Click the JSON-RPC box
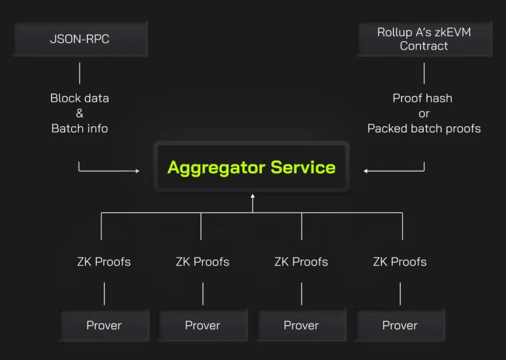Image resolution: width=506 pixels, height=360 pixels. click(80, 39)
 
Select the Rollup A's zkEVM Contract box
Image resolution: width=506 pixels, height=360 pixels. click(424, 39)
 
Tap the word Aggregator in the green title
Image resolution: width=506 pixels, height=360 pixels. click(216, 167)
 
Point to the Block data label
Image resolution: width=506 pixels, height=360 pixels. click(80, 98)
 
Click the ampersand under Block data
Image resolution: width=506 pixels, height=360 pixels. click(80, 113)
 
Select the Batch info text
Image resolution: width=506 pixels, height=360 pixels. click(80, 128)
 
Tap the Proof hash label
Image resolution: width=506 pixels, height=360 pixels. click(422, 98)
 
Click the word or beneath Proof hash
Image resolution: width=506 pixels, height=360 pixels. click(424, 113)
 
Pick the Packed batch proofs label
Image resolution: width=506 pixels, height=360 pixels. click(424, 128)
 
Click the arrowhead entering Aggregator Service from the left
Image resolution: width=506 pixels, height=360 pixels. click(138, 171)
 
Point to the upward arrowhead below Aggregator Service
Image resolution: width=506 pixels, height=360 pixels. click(252, 197)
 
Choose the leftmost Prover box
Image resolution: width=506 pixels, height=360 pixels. click(104, 325)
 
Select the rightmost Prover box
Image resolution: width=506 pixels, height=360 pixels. click(400, 325)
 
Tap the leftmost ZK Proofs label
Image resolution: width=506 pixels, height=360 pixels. click(104, 261)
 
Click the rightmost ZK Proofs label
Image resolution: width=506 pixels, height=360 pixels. click(400, 261)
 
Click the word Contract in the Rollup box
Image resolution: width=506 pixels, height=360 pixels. click(424, 46)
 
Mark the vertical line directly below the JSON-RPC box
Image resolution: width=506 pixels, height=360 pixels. click(80, 73)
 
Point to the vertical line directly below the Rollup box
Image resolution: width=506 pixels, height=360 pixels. click(424, 73)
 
